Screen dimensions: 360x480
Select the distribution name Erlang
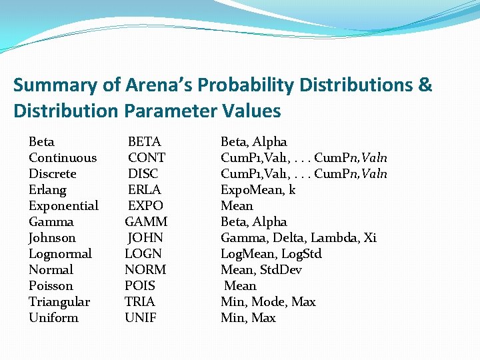click(47, 190)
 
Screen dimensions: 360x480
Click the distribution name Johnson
click(52, 238)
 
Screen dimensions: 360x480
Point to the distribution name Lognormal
click(60, 254)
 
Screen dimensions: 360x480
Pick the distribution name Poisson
click(51, 286)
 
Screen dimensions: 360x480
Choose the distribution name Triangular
click(59, 302)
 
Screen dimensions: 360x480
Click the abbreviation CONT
click(147, 158)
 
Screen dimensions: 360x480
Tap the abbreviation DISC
click(144, 174)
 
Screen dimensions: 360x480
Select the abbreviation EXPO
click(145, 206)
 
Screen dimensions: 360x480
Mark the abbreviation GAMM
click(146, 222)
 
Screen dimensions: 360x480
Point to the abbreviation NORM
click(145, 270)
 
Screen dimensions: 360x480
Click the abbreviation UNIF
click(141, 318)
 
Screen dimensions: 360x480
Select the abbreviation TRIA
click(140, 302)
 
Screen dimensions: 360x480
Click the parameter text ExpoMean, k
click(258, 190)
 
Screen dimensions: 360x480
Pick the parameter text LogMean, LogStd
click(271, 254)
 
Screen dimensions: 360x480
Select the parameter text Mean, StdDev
click(261, 270)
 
